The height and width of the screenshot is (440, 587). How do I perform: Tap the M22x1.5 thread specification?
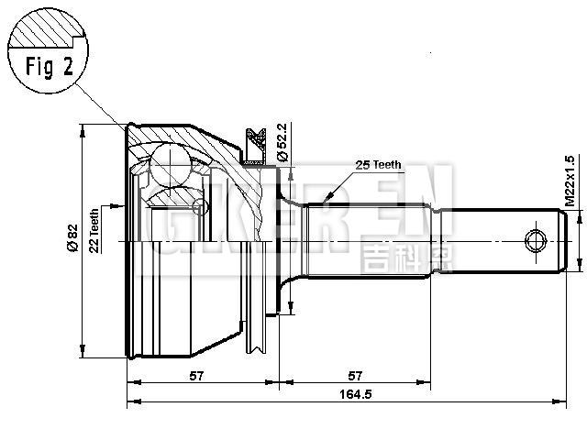tap(570, 180)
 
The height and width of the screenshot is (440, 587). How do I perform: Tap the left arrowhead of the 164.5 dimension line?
tap(129, 401)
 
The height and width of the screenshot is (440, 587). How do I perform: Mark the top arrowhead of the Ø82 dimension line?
tap(83, 127)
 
